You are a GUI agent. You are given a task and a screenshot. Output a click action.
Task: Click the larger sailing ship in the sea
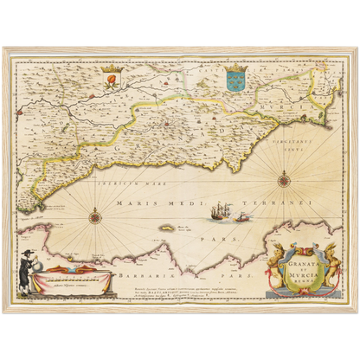coord(221,212)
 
